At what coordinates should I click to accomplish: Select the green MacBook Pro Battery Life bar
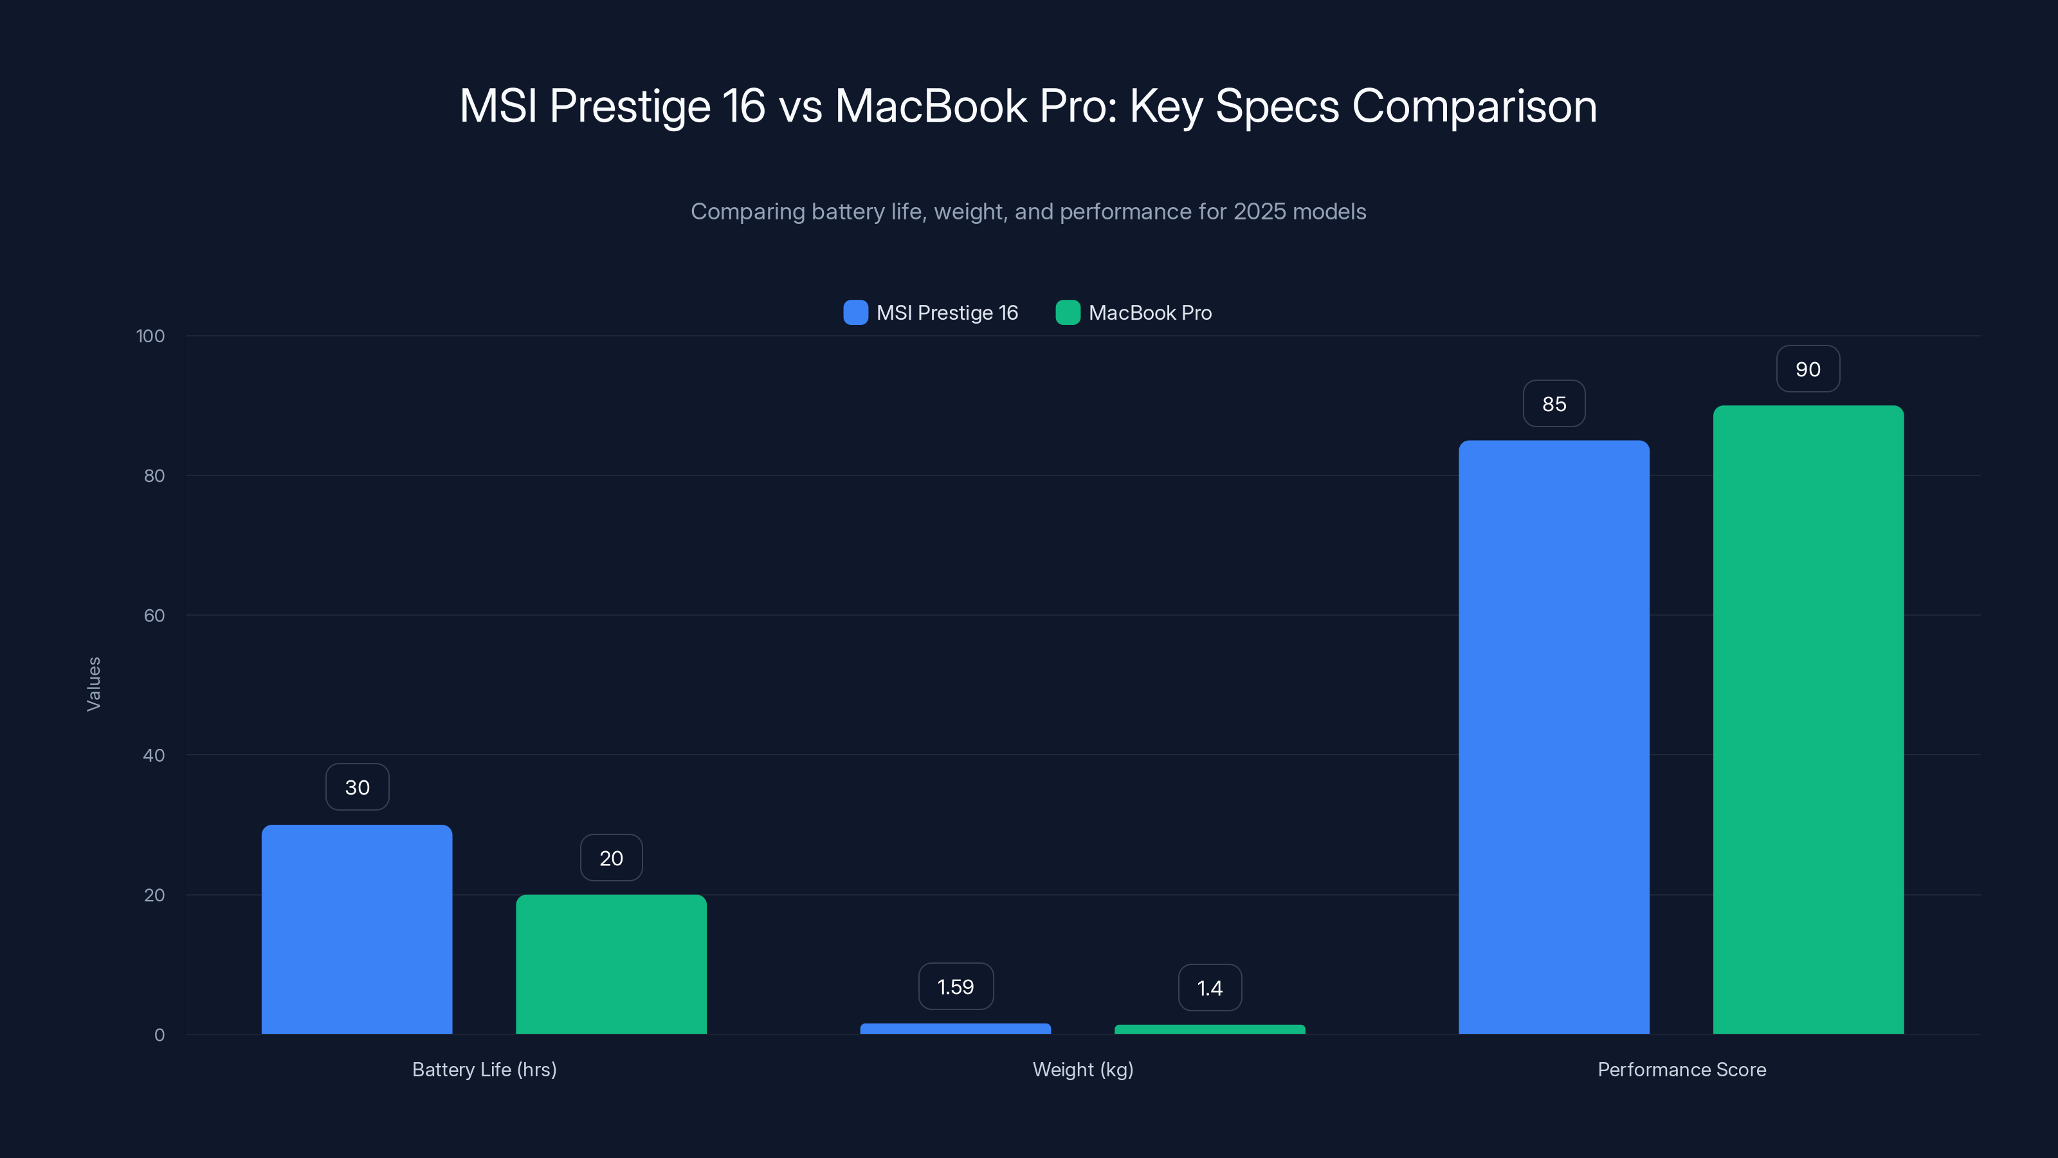(611, 964)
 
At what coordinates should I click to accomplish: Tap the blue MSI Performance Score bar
(1554, 736)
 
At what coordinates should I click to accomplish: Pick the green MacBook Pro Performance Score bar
(1808, 719)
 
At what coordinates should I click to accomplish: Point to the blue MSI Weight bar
(956, 1029)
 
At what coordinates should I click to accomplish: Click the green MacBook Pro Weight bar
(1210, 1029)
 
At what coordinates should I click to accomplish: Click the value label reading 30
(357, 787)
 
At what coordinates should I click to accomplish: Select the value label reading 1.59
(956, 987)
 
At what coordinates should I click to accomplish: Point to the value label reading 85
(1554, 403)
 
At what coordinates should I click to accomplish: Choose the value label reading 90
(1808, 369)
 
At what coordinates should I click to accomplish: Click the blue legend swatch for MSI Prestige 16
(855, 313)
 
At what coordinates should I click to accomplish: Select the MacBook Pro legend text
(1150, 313)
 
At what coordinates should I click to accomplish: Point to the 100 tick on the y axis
(150, 336)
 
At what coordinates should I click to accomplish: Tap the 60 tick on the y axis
(154, 616)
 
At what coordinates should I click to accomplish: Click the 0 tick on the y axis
(159, 1035)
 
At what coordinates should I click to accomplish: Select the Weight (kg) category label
(1082, 1069)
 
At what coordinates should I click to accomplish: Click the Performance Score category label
(1681, 1069)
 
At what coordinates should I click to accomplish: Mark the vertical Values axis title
(93, 684)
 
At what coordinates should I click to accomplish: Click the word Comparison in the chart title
(1474, 106)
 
